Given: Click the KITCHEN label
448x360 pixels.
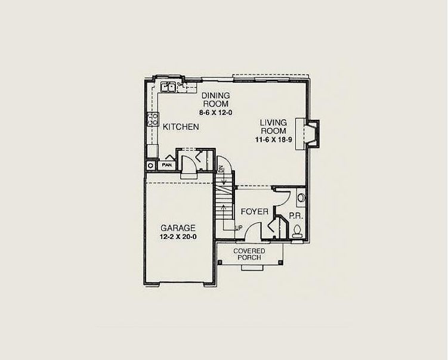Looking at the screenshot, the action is (181, 127).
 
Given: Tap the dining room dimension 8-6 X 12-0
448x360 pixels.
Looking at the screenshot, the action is (216, 113).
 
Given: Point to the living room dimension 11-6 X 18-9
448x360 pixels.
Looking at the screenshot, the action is (273, 139).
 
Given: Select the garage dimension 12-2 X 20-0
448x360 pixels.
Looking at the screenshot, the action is (178, 237).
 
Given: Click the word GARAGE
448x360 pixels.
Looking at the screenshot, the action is (178, 228).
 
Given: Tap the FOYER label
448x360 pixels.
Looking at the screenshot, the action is (255, 212).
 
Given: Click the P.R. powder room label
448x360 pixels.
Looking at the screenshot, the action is (296, 216).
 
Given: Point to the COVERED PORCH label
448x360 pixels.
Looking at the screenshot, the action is (249, 255).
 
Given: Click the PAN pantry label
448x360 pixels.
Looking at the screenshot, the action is (166, 165).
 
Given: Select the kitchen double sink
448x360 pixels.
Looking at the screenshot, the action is (168, 86).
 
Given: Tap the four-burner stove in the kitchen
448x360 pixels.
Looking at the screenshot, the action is (153, 119).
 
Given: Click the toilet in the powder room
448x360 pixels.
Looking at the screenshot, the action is (297, 231).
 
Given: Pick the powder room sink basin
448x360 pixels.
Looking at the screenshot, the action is (301, 197).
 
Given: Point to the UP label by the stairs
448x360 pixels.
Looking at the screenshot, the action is (239, 228).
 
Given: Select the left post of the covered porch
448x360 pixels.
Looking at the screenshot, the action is (220, 262).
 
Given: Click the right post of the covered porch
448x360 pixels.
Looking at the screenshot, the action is (280, 262).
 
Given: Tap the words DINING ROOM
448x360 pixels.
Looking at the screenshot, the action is (216, 100).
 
